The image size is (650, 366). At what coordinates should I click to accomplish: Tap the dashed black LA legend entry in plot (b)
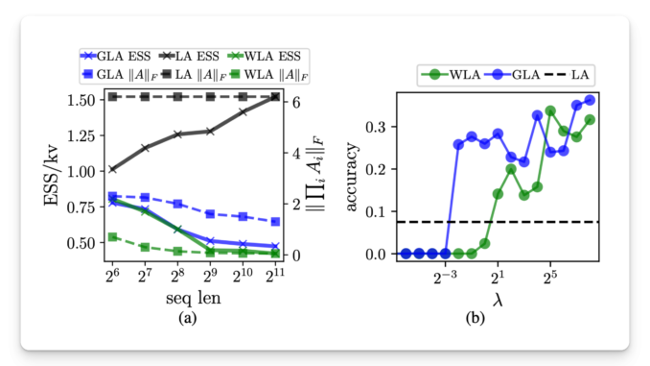click(566, 72)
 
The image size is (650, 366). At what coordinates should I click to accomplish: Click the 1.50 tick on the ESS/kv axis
click(79, 99)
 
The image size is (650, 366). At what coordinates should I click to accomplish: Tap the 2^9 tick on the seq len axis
click(210, 277)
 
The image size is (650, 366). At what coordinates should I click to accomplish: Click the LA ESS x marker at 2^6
click(112, 168)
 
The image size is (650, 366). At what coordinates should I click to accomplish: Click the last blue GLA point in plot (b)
click(590, 100)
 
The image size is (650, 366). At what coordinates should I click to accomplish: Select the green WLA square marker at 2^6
click(112, 236)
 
